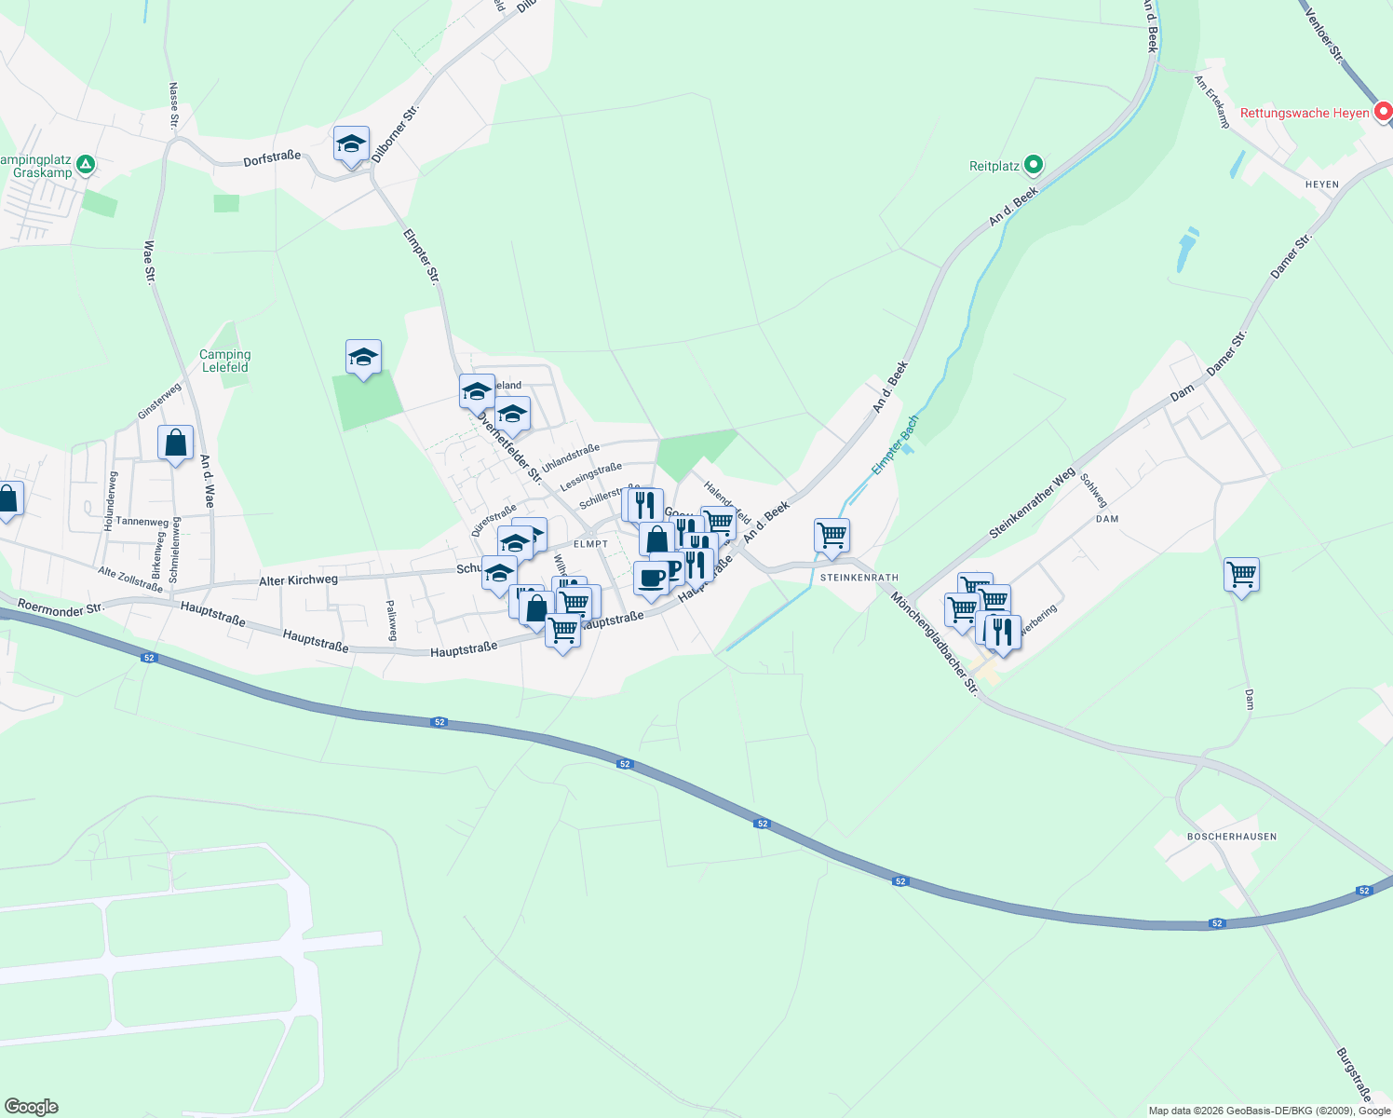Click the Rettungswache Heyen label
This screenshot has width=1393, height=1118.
click(1304, 113)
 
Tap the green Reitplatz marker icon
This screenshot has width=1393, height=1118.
click(1033, 166)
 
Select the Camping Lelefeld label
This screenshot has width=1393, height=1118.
click(225, 361)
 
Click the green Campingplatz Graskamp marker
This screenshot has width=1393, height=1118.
click(86, 165)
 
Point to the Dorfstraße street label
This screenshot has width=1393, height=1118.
click(272, 158)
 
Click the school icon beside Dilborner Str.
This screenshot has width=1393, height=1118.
click(351, 144)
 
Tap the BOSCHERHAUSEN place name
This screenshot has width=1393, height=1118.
click(1231, 837)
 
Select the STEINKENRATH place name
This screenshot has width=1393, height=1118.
click(859, 578)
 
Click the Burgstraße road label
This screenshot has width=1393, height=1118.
click(1354, 1074)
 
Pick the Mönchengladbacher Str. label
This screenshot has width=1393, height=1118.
click(934, 643)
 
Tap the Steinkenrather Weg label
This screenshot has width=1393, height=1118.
click(1032, 503)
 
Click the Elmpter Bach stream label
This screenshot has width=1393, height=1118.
click(895, 444)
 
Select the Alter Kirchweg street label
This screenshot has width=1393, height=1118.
click(298, 580)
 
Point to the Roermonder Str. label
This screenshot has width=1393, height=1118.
click(61, 607)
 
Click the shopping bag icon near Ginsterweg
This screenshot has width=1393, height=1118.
click(175, 443)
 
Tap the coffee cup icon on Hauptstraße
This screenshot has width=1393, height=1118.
click(651, 579)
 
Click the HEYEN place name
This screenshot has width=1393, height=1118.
click(1321, 184)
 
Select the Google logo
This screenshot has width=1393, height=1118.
click(31, 1107)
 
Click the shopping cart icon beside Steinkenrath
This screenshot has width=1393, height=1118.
click(832, 536)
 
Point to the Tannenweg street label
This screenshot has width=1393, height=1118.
click(142, 522)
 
